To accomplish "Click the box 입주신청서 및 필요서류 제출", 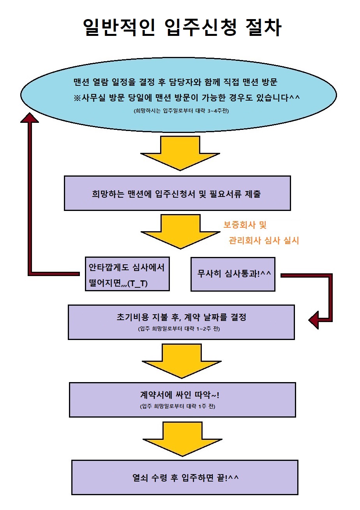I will tap(177, 194).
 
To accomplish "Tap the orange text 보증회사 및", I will tap(245, 225).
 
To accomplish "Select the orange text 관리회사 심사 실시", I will tap(264, 241).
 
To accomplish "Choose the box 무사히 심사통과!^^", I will tap(233, 274).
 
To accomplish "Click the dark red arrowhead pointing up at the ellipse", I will tap(30, 116).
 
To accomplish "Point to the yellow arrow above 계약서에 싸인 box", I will tap(181, 361).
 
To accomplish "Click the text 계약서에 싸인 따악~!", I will tap(179, 395).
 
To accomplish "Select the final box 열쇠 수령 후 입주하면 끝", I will tap(185, 477).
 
